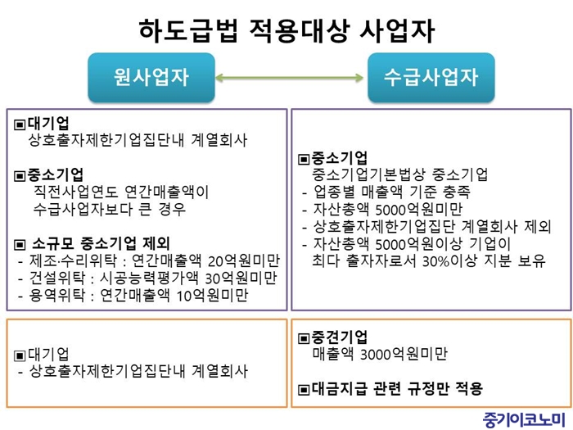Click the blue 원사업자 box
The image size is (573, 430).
151,78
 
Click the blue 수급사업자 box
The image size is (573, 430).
431,78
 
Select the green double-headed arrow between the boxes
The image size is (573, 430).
289,78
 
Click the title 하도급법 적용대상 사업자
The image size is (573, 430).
286,30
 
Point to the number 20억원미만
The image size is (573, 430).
243,260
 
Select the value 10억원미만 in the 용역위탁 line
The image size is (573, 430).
212,296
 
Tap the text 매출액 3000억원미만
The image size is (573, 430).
380,354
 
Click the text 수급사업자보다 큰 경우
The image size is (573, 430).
109,209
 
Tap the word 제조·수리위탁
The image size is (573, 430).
73,260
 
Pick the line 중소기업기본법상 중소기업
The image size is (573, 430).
399,174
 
